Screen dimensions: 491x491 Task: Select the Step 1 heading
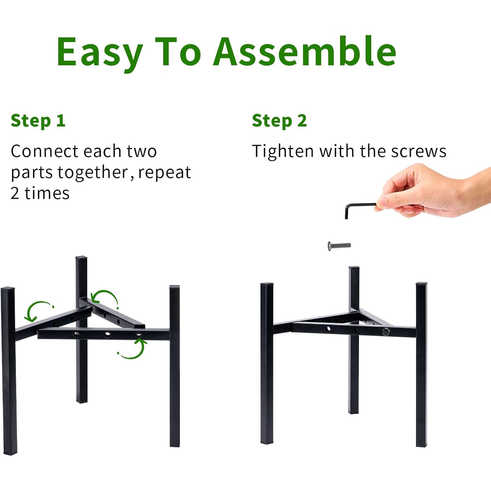click(x=38, y=121)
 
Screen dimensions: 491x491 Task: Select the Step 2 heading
click(x=279, y=121)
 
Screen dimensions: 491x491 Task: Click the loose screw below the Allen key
click(x=339, y=245)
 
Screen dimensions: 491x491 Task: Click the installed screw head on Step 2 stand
click(x=386, y=332)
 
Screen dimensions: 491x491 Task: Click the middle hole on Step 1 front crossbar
click(x=107, y=335)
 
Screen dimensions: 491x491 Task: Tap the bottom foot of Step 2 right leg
click(x=421, y=445)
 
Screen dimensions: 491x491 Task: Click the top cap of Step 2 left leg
click(x=267, y=284)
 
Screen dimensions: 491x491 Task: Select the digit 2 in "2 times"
click(x=15, y=193)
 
